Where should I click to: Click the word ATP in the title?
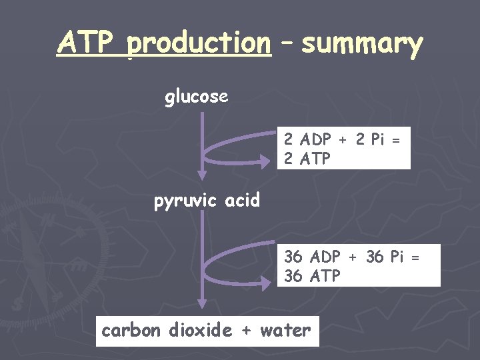coord(87,43)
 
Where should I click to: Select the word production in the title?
coord(199,44)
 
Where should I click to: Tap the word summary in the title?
coord(362,44)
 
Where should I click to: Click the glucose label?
coord(197,97)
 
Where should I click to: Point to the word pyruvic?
coord(185,201)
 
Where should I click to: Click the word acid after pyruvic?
coord(242,200)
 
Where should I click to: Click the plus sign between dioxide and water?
coord(247,331)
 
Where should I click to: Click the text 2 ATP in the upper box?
coord(307,159)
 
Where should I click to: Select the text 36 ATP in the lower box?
coord(313,275)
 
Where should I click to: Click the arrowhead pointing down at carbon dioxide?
coord(202,303)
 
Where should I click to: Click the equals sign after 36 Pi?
coord(415,257)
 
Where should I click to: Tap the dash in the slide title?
coord(287,44)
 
